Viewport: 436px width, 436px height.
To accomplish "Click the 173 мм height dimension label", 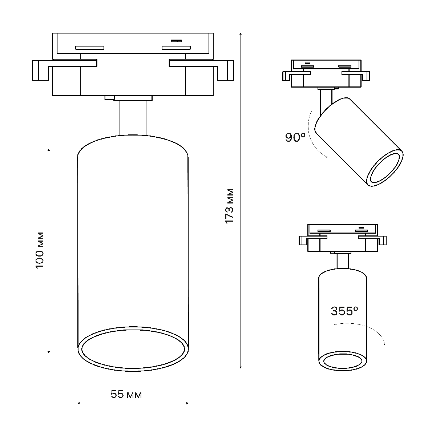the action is pos(229,206).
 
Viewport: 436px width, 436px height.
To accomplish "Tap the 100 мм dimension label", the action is pos(40,250).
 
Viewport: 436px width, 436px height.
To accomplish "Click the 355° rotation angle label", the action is pos(344,311).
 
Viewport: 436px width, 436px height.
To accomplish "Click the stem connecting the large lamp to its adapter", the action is pos(133,118).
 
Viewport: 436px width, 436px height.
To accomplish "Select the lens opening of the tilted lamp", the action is pos(385,168).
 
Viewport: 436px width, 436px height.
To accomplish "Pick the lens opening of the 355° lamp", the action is pos(343,362).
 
